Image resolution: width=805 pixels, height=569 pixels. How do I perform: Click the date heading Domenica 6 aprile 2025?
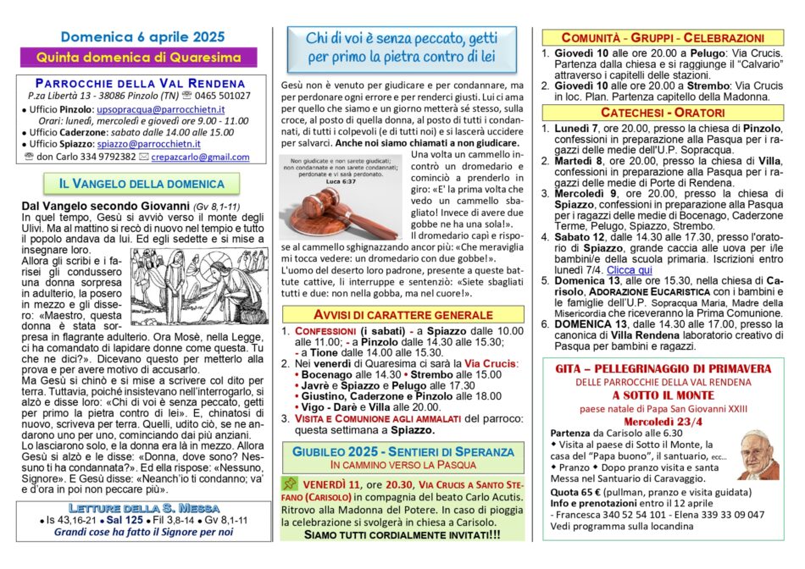[142, 36]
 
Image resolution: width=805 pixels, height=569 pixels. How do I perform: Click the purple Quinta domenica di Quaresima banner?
[142, 57]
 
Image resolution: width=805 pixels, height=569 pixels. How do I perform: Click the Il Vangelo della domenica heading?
[142, 183]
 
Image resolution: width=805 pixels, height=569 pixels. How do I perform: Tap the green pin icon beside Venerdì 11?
[291, 483]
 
